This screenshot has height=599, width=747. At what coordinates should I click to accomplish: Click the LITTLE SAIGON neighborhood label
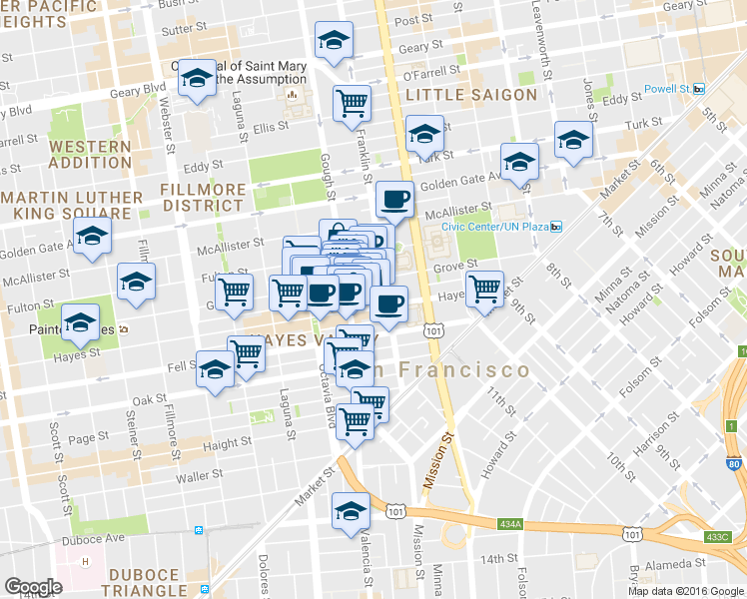tap(471, 95)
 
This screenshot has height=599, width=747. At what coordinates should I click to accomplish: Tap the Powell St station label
tap(667, 88)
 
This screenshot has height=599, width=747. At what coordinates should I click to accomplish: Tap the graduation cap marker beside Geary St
tap(333, 41)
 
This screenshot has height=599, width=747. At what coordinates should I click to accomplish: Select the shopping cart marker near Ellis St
tap(352, 102)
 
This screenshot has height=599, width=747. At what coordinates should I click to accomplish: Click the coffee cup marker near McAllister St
tap(394, 199)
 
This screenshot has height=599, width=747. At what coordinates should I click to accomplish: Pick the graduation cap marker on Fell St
tap(215, 370)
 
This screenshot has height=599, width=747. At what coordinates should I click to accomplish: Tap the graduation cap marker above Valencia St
tap(351, 511)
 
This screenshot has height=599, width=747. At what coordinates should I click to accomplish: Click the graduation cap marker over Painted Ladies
tap(80, 321)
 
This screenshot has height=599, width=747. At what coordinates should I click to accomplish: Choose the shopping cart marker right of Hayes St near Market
tap(484, 290)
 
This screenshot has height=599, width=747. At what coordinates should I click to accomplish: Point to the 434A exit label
tap(509, 523)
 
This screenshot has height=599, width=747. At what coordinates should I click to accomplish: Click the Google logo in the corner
tap(33, 586)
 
